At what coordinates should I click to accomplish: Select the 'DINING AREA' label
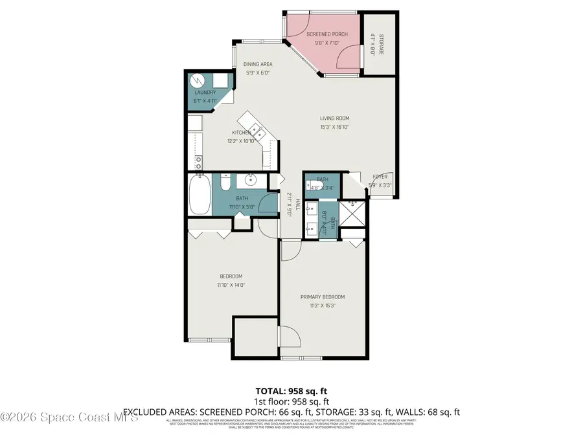(258, 64)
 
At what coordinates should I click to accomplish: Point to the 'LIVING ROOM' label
(334, 118)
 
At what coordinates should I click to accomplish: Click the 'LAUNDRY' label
(205, 93)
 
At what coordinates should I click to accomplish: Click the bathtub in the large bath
(199, 196)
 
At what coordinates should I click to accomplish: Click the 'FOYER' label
(380, 177)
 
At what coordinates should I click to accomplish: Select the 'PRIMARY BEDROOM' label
(322, 297)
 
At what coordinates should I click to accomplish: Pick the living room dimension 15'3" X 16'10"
(334, 128)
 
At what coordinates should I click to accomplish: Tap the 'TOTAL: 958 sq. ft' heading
(291, 392)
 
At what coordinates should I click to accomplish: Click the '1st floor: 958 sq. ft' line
(291, 401)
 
